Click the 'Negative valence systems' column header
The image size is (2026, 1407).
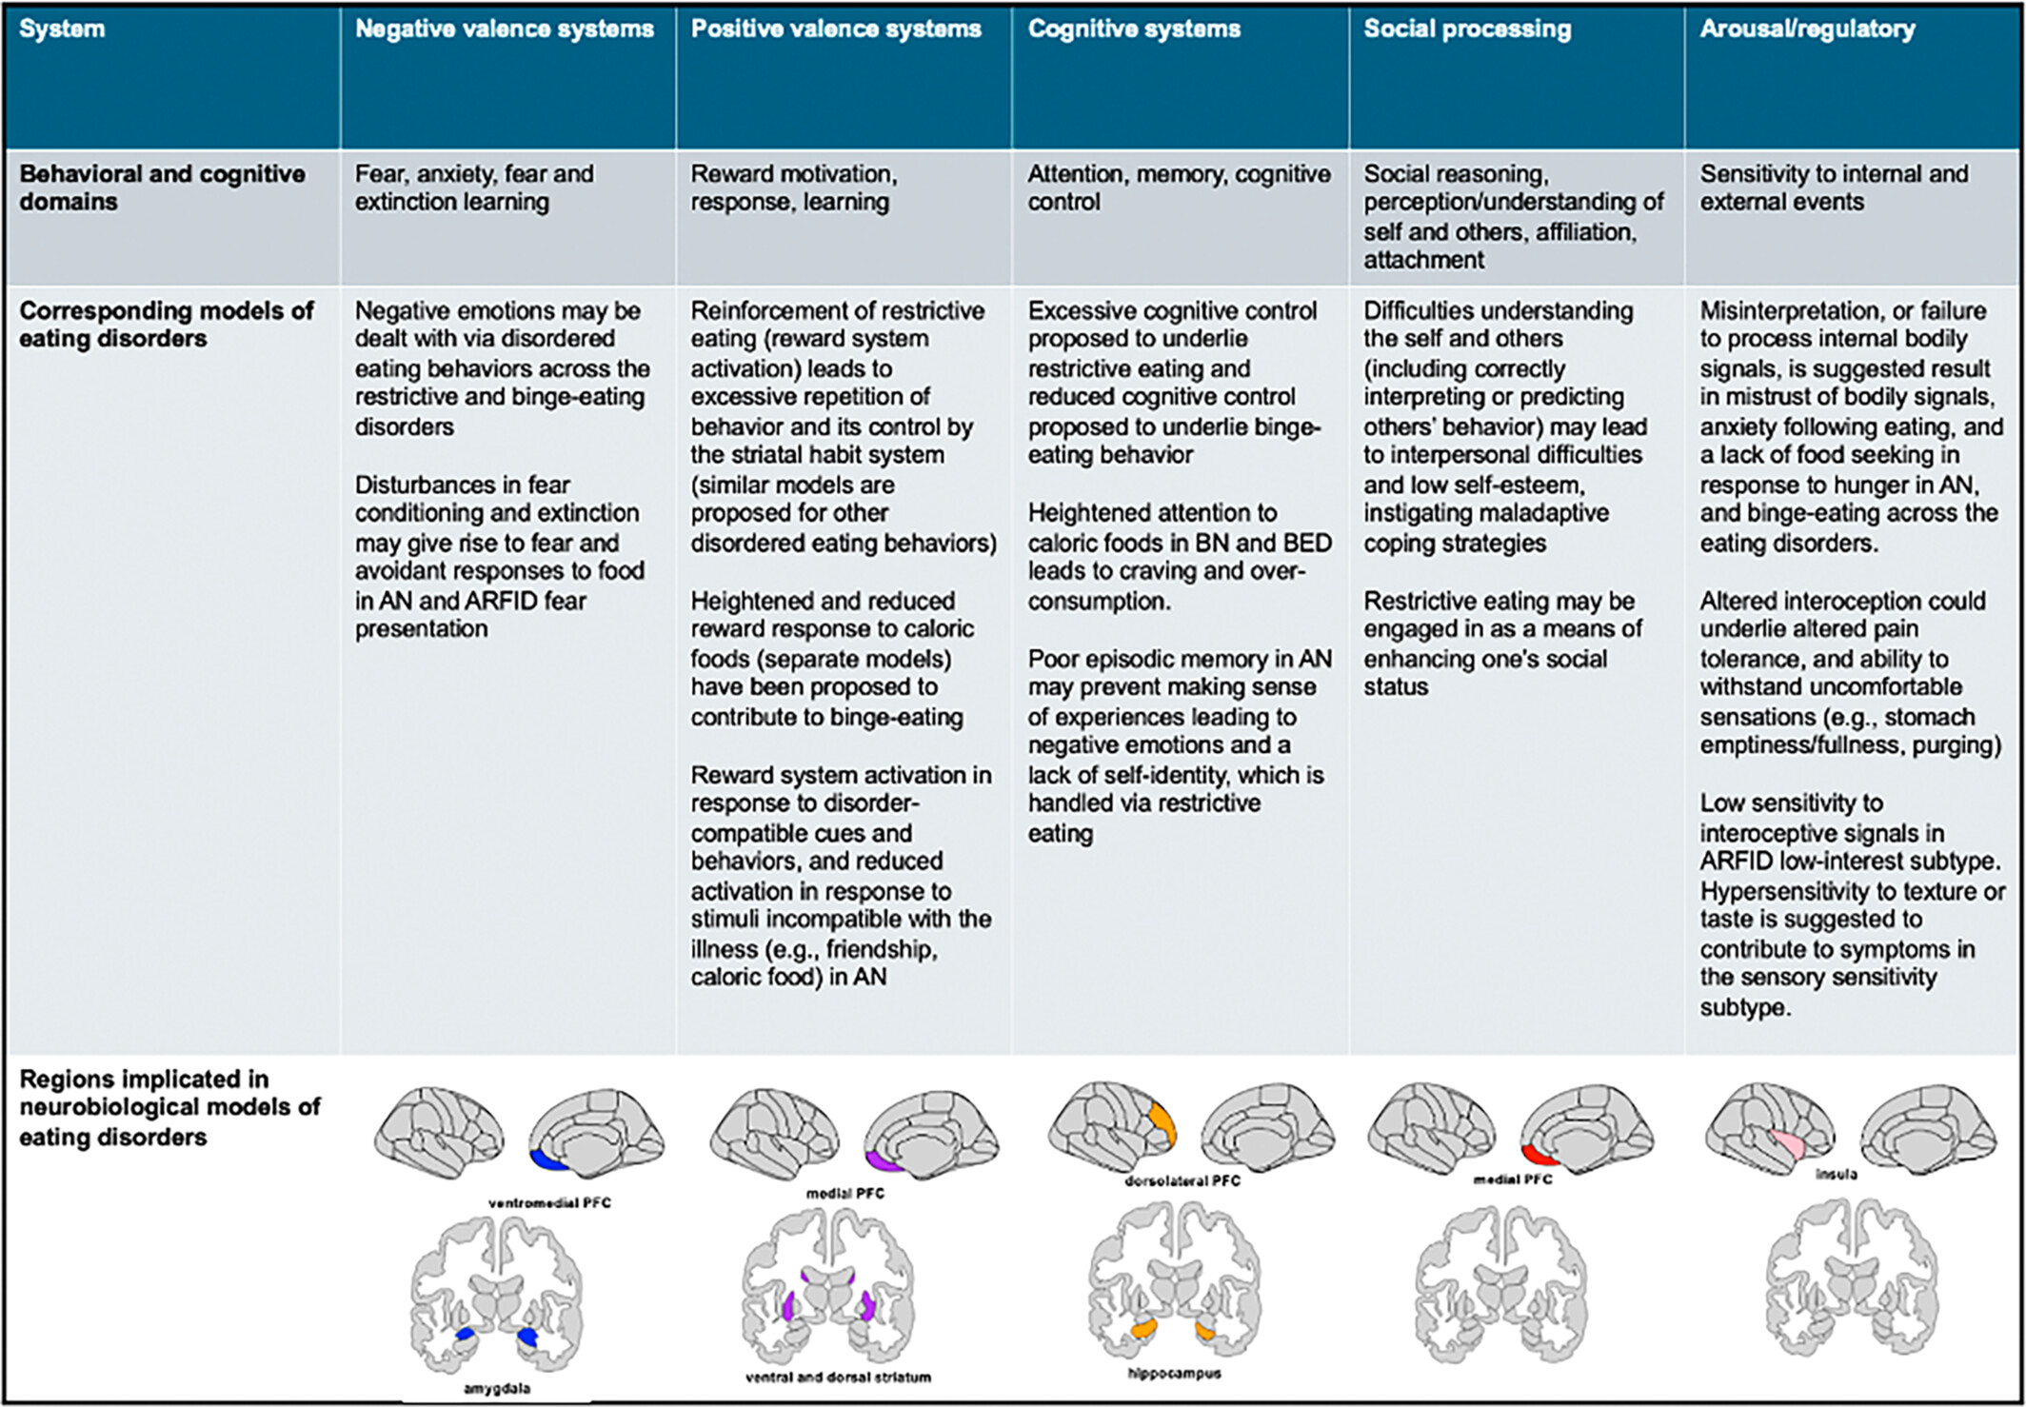[x=504, y=30]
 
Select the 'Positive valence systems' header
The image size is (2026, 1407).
[x=836, y=30]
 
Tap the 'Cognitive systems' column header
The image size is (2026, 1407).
[x=1134, y=30]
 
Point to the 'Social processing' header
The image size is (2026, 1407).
[x=1467, y=30]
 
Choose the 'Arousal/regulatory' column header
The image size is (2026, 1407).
[x=1807, y=30]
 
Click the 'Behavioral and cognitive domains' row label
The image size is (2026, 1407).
[x=162, y=188]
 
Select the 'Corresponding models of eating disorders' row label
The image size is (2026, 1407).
[x=166, y=325]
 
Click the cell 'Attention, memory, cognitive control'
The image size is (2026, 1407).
[x=1179, y=188]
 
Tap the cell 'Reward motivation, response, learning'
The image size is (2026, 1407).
[x=794, y=188]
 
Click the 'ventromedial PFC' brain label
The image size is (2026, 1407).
[x=549, y=1203]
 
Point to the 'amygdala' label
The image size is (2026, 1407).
[x=497, y=1389]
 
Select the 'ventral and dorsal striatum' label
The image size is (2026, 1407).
[x=838, y=1377]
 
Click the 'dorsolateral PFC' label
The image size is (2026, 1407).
[x=1182, y=1181]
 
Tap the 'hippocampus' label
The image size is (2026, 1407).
[x=1174, y=1374]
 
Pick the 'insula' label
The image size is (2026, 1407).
[x=1836, y=1175]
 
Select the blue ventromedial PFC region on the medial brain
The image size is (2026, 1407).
[x=547, y=1160]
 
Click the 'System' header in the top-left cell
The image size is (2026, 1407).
[x=62, y=30]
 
